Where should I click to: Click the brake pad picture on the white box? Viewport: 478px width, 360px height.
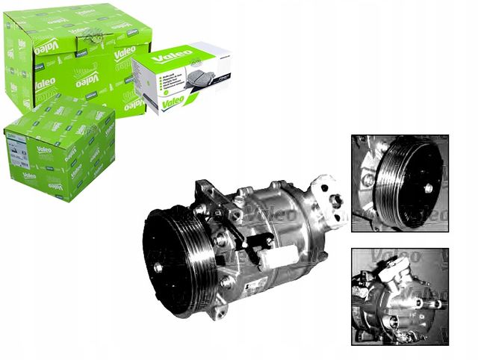coord(190,78)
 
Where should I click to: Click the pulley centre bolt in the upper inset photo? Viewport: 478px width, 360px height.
coord(428,189)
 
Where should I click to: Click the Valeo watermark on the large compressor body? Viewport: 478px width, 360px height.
coord(258,216)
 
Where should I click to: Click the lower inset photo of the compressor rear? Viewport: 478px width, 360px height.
coord(400,296)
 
